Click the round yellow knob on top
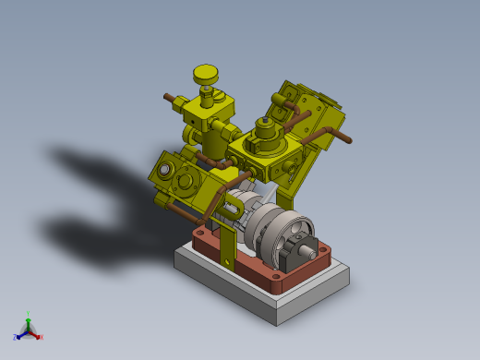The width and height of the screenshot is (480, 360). pos(205,72)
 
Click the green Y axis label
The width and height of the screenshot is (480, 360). pos(29,314)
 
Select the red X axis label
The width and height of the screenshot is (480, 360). pos(42,337)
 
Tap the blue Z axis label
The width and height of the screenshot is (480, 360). pos(16,338)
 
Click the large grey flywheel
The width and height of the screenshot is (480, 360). pos(286,230)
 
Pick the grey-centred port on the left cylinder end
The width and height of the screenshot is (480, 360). pos(165,170)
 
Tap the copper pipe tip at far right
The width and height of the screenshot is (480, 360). pos(348,141)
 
